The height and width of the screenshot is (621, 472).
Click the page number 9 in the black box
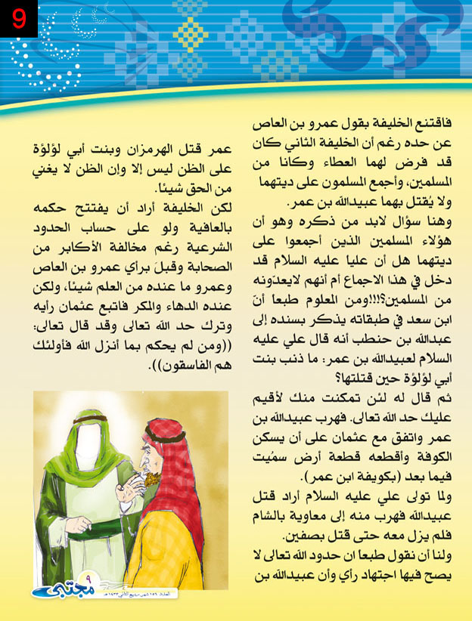(17, 17)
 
